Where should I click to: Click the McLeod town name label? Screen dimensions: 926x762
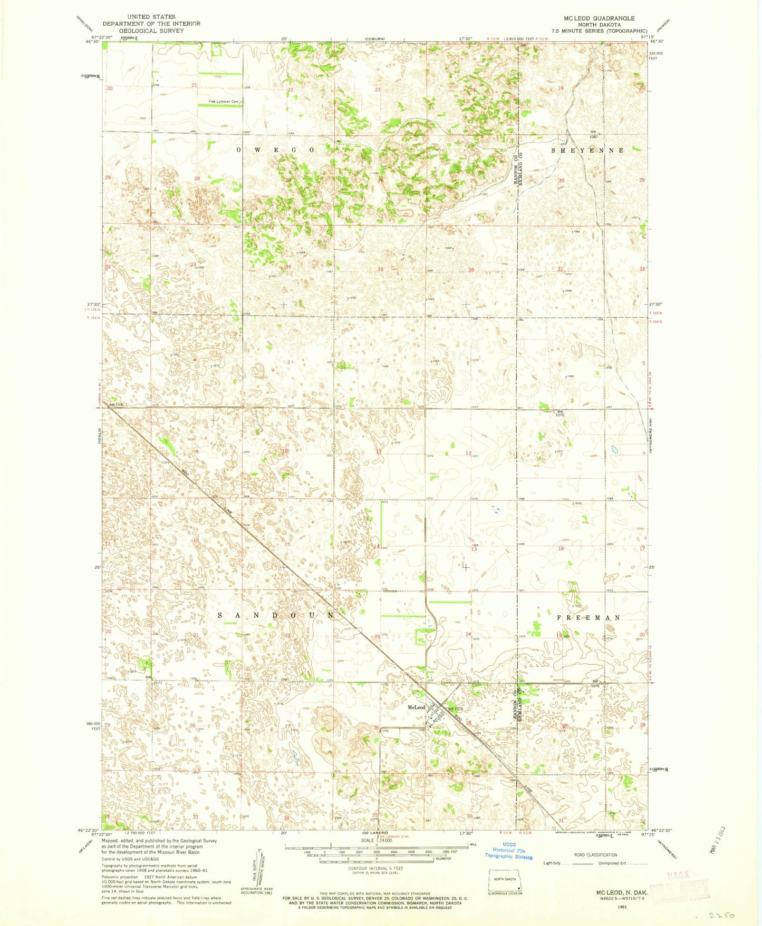[416, 707]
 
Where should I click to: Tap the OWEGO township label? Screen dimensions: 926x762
[275, 150]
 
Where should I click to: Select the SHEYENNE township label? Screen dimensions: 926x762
[587, 150]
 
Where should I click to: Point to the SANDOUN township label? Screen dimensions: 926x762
[276, 615]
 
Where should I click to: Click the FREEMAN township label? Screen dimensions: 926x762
[589, 617]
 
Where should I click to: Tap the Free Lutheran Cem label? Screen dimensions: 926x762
[224, 102]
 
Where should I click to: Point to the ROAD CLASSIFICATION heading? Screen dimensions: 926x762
[595, 855]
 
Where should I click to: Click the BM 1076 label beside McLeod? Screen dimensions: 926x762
[456, 709]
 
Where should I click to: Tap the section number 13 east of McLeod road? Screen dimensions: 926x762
[474, 549]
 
